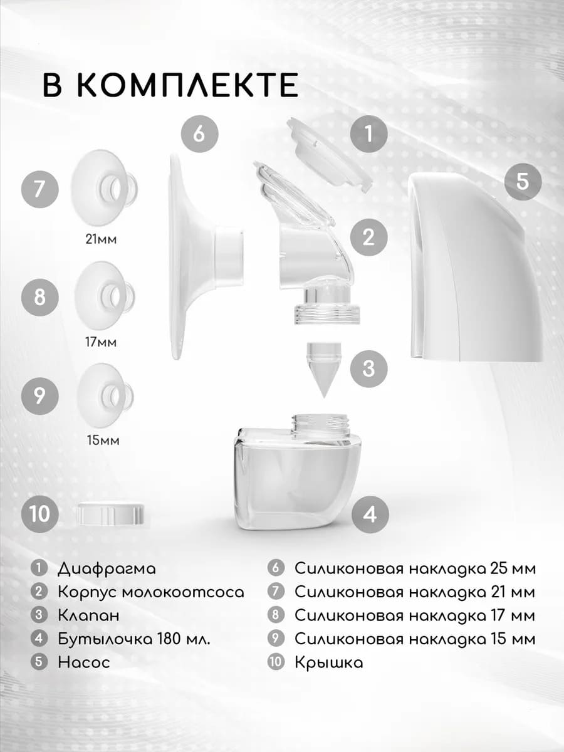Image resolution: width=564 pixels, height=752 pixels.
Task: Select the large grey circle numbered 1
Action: point(369,133)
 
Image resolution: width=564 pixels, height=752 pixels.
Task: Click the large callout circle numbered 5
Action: point(523,181)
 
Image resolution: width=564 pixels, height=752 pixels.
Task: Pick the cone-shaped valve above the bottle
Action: point(323,369)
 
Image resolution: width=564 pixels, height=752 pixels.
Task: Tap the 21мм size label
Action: point(101,239)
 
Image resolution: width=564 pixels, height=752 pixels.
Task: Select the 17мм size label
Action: point(101,342)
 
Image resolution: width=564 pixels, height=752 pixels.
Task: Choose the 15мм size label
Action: point(103,441)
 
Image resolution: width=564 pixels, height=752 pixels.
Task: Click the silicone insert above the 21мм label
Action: point(103,188)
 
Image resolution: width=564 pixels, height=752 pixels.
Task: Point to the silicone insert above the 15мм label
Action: point(105,395)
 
